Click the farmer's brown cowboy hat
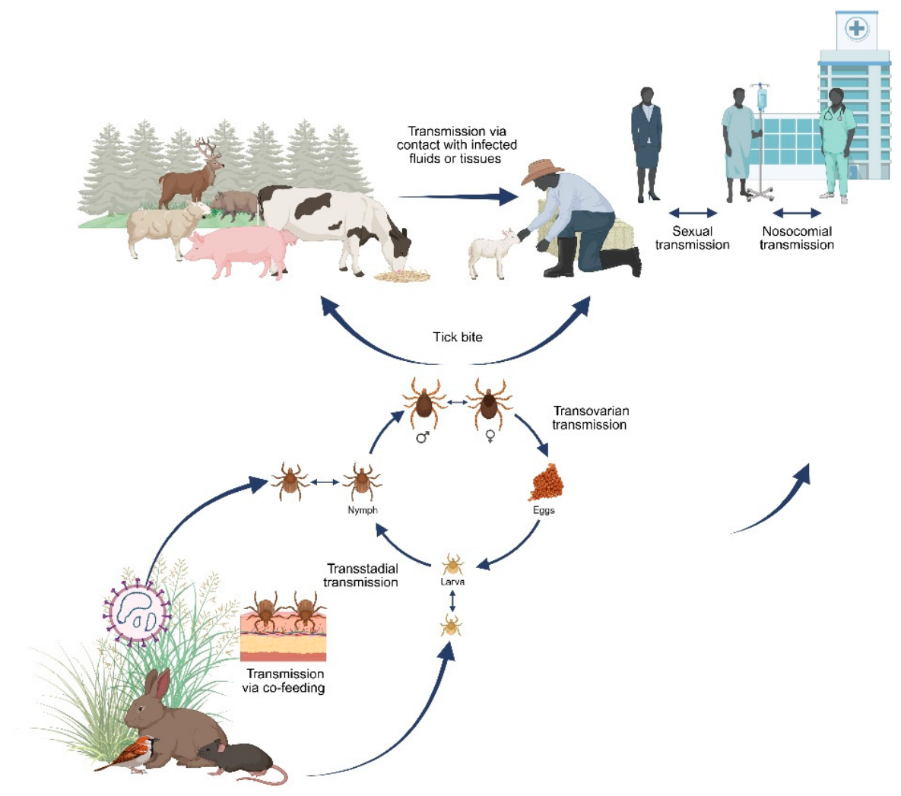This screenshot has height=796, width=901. click(541, 171)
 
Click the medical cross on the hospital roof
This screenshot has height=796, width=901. click(857, 28)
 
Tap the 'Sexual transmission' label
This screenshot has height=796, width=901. click(693, 238)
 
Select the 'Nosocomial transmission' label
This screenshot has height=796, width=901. click(797, 238)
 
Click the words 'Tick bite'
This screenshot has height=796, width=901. click(458, 338)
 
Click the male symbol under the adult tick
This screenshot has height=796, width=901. click(423, 438)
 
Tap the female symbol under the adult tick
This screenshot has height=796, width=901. click(490, 437)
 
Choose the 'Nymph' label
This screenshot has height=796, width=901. click(363, 510)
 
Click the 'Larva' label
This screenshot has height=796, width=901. click(452, 582)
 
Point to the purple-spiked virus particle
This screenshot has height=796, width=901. click(138, 613)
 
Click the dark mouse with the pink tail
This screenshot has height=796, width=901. click(241, 762)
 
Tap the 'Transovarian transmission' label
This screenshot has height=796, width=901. click(590, 418)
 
